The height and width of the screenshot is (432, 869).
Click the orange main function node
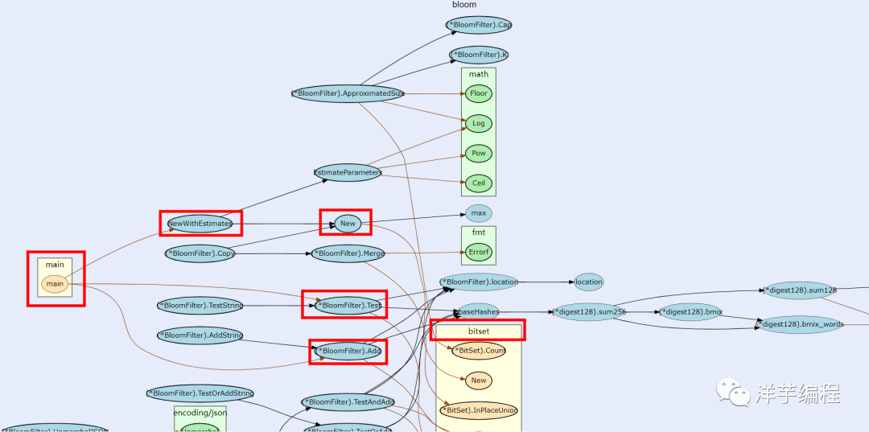click(55, 284)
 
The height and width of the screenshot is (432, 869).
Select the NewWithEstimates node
click(200, 223)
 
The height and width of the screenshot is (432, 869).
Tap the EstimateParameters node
click(348, 172)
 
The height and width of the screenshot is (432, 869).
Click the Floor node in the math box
click(479, 93)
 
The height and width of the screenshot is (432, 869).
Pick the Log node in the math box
click(479, 123)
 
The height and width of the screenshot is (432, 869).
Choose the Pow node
click(479, 154)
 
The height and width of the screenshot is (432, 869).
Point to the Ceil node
click(479, 183)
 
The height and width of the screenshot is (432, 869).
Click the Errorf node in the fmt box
click(479, 253)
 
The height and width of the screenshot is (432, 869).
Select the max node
click(479, 213)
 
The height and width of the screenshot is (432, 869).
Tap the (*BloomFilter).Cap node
click(480, 25)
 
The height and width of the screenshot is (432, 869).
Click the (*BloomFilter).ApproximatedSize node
click(348, 93)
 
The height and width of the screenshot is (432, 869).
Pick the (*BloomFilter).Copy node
click(200, 253)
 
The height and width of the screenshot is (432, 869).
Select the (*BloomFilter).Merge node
click(348, 253)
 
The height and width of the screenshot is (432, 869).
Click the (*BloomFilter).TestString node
click(200, 306)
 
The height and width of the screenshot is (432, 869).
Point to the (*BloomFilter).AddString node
click(200, 335)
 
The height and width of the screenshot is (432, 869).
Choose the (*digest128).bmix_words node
click(801, 325)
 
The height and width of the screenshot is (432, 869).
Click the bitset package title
click(478, 330)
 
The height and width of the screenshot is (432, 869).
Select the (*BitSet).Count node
click(479, 351)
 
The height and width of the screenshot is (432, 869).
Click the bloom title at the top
click(464, 5)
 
